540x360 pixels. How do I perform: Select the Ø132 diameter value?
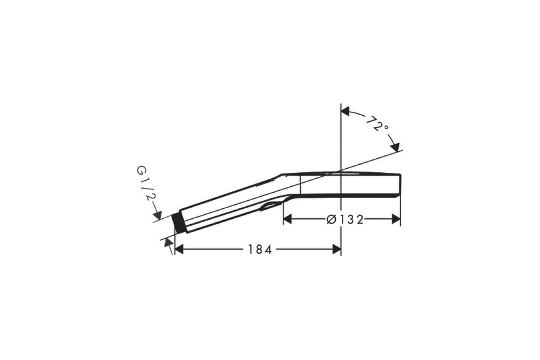tap(345, 220)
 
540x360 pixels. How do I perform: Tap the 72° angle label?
tap(377, 124)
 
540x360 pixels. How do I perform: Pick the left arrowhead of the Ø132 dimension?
tap(288, 219)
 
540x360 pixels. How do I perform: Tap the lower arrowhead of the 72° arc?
tap(395, 147)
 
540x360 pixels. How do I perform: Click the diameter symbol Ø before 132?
tap(331, 220)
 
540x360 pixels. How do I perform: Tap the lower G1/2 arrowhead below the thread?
tap(169, 243)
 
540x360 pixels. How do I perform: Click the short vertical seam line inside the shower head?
tap(300, 185)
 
